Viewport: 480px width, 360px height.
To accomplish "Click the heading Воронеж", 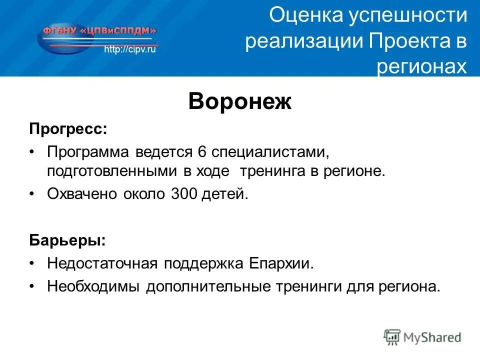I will (x=239, y=102).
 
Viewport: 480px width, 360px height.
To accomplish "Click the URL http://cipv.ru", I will (x=130, y=50).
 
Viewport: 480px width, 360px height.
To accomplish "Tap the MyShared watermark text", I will (x=432, y=337).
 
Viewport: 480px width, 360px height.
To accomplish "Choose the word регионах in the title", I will (x=421, y=66).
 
